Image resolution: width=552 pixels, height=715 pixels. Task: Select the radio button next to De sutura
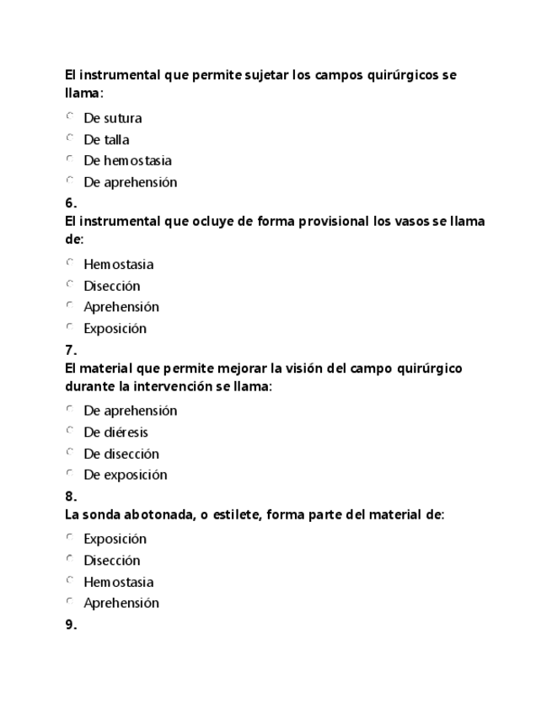(70, 116)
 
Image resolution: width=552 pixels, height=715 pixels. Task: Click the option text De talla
(106, 140)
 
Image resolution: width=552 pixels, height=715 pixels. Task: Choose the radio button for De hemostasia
(70, 159)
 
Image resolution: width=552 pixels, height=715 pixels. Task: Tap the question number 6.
(71, 203)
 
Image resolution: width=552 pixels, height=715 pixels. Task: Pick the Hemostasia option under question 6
(118, 265)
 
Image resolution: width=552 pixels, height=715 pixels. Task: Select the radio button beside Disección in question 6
(70, 284)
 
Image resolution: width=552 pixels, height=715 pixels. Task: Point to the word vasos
(410, 222)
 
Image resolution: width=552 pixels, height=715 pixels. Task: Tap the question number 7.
(71, 350)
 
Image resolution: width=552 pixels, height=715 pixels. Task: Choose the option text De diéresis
(115, 433)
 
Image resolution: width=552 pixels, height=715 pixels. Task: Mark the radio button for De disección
(70, 452)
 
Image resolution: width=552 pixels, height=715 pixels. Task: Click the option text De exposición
(125, 475)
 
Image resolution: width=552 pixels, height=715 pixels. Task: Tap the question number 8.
(71, 497)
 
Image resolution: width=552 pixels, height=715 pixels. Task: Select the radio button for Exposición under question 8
(70, 537)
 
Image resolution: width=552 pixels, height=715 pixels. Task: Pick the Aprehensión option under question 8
(121, 603)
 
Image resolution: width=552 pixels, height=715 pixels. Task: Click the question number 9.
(71, 625)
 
